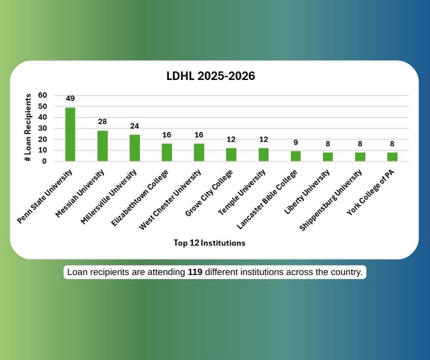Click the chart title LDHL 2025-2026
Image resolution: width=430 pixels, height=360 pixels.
click(x=211, y=76)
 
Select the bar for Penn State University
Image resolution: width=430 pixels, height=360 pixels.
click(x=71, y=134)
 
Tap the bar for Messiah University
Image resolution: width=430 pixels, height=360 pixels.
click(x=103, y=145)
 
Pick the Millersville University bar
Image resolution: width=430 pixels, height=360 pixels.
click(x=135, y=147)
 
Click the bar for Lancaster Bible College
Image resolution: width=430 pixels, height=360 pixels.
click(x=296, y=156)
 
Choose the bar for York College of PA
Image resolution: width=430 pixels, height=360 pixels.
click(x=392, y=156)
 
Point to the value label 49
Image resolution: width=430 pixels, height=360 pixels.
click(x=71, y=98)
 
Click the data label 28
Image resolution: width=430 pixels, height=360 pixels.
click(x=103, y=121)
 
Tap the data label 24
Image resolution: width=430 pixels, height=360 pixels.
click(x=135, y=126)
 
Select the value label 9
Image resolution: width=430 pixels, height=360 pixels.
click(x=296, y=142)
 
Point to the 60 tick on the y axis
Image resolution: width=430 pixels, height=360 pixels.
click(x=43, y=95)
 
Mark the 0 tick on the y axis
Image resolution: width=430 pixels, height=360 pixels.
click(x=45, y=161)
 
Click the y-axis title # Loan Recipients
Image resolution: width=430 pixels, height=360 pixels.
click(x=29, y=127)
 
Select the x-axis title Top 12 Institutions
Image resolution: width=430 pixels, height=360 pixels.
click(x=209, y=243)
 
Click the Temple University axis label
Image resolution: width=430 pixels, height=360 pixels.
click(x=242, y=193)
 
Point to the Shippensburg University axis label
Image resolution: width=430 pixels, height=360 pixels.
click(x=331, y=199)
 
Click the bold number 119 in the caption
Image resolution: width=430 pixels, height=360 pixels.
click(x=195, y=272)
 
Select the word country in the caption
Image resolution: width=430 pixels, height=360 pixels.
click(x=347, y=272)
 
